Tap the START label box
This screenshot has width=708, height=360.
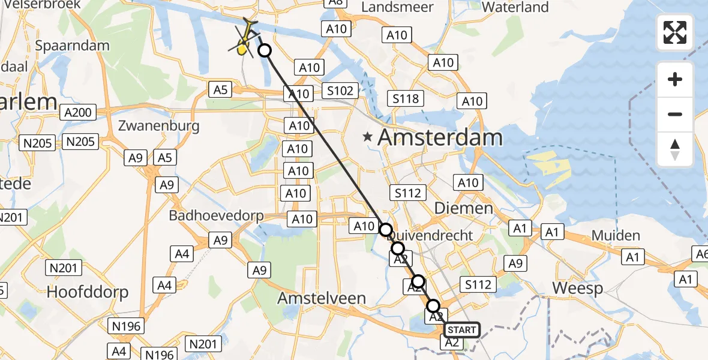[x=461, y=330]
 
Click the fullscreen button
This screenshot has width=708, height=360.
[x=675, y=32]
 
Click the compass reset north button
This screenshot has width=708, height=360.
[x=675, y=149]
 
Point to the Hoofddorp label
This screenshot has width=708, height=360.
[x=88, y=292]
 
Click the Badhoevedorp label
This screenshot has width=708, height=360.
[x=216, y=215]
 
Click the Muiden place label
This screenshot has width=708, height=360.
[x=616, y=235]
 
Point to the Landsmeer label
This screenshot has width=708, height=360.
[x=389, y=8]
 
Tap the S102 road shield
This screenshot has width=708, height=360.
[x=340, y=91]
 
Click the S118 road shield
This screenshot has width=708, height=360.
[x=406, y=98]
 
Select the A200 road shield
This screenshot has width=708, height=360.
[x=78, y=112]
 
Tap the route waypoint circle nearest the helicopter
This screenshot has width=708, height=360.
[x=265, y=51]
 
